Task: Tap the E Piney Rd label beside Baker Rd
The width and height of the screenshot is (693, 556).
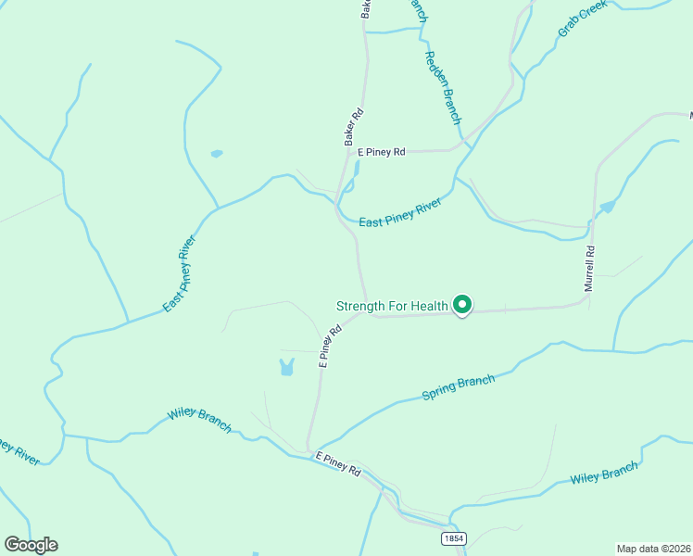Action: (382, 152)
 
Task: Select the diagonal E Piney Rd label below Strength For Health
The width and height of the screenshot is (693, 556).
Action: (325, 346)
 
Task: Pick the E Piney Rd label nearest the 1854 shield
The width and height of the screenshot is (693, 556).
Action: (337, 464)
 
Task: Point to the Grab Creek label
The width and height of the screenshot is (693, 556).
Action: (583, 19)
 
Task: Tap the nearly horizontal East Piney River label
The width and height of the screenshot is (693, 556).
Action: (399, 214)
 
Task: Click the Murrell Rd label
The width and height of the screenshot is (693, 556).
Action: (589, 269)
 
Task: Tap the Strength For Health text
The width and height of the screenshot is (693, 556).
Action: (392, 306)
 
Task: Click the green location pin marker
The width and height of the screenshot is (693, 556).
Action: (461, 304)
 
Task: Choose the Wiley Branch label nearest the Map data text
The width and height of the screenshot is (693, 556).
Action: (604, 473)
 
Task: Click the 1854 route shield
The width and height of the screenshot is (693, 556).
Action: (452, 538)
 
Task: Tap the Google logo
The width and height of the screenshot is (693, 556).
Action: (31, 545)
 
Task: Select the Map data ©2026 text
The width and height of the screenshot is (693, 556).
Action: (653, 548)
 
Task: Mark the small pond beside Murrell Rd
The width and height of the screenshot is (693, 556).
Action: (607, 207)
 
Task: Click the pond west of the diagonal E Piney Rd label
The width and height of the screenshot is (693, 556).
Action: (286, 367)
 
